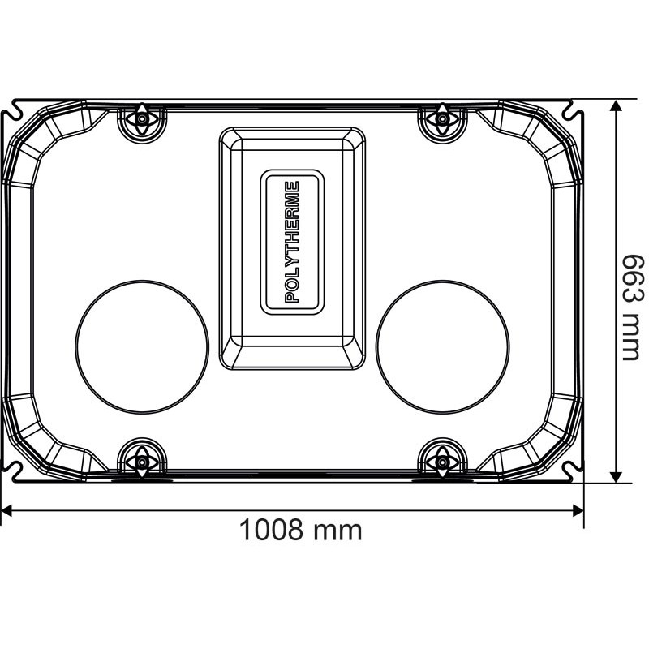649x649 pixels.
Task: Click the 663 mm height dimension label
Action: (631, 306)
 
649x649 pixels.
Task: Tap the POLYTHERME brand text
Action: (293, 242)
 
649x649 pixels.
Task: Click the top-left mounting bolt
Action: (142, 119)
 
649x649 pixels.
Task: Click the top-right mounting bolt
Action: (442, 119)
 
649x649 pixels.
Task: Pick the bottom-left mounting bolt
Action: (142, 462)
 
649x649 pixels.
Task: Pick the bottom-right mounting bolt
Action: (442, 462)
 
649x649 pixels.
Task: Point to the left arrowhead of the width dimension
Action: (6, 509)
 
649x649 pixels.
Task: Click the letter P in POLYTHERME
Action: (293, 297)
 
